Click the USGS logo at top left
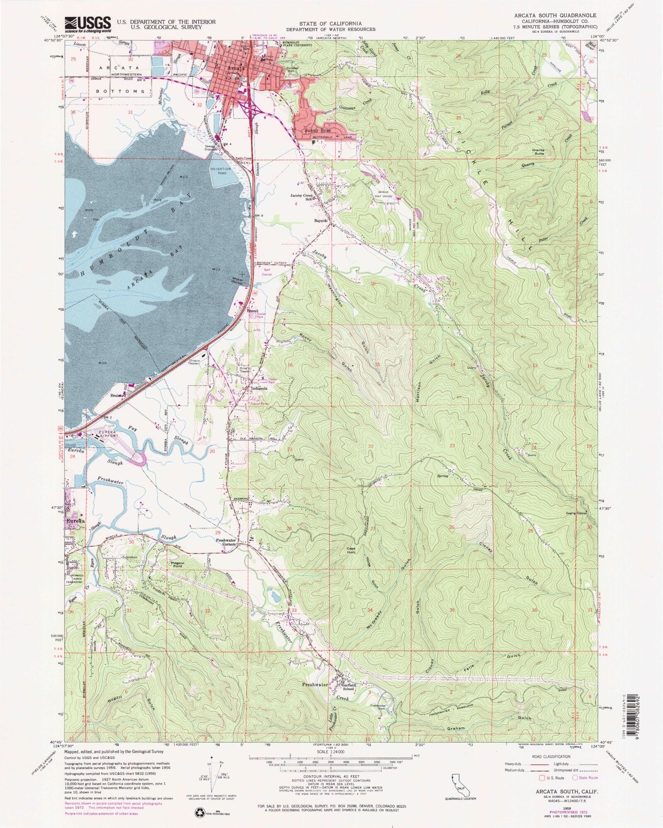click(x=88, y=25)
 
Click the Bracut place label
click(x=252, y=310)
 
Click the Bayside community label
click(x=320, y=220)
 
